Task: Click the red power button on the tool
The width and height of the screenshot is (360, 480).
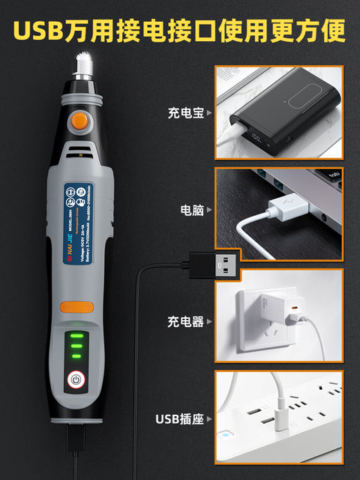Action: [75, 380]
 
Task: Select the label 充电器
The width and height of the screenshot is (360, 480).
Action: [184, 322]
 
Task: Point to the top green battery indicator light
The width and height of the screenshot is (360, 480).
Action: [75, 336]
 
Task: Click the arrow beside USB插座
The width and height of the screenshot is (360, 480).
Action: [209, 418]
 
